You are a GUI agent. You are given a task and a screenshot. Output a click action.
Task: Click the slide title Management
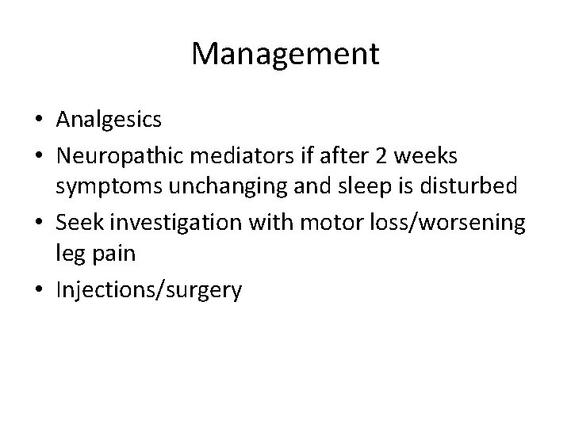[x=285, y=54]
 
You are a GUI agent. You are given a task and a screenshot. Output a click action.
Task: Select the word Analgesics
[x=109, y=120]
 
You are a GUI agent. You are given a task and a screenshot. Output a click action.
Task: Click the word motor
[x=325, y=224]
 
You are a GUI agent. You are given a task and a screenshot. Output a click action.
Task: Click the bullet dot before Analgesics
[x=40, y=121]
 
